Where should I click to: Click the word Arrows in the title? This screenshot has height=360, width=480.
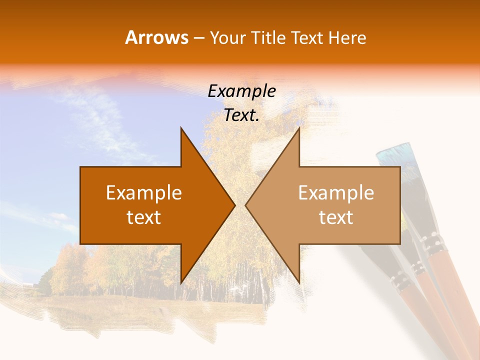click(156, 38)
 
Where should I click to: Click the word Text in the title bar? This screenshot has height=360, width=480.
click(307, 38)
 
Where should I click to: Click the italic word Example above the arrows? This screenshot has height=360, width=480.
click(241, 91)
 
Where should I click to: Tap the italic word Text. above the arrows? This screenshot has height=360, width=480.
click(241, 115)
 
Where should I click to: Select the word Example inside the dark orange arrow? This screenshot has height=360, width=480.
click(144, 193)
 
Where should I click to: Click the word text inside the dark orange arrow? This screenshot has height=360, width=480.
click(144, 217)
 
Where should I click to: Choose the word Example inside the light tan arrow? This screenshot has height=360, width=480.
click(336, 193)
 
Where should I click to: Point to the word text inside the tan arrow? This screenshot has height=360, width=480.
click(336, 217)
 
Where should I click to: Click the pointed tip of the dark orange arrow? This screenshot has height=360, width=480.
click(234, 205)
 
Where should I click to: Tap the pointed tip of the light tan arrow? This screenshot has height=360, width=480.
click(246, 205)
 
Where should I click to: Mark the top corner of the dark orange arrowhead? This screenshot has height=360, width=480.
click(181, 128)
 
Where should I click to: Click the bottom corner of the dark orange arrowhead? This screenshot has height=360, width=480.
click(181, 283)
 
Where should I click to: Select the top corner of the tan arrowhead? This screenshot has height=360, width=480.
click(299, 128)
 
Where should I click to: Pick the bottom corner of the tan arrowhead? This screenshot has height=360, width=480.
click(299, 283)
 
